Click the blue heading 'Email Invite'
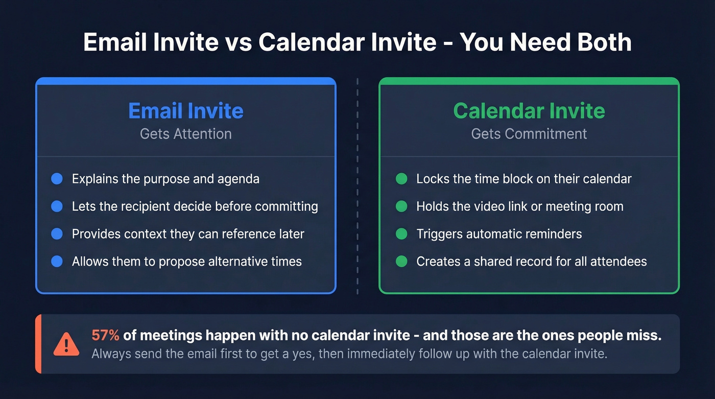point(186,111)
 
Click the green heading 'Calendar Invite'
point(529,111)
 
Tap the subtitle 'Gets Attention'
point(186,134)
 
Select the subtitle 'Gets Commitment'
point(529,134)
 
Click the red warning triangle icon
point(66,344)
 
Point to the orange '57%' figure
point(106,335)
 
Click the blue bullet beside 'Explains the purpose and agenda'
point(57,179)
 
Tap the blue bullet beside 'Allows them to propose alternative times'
point(57,262)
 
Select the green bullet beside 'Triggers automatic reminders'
point(401,234)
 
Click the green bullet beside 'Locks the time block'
point(401,179)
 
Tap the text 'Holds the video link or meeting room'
point(519,206)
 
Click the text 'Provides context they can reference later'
point(188,234)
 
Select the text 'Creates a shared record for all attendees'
point(531,262)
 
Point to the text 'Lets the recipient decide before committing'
point(195,206)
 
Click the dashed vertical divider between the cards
point(357,186)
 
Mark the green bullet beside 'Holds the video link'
point(401,206)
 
